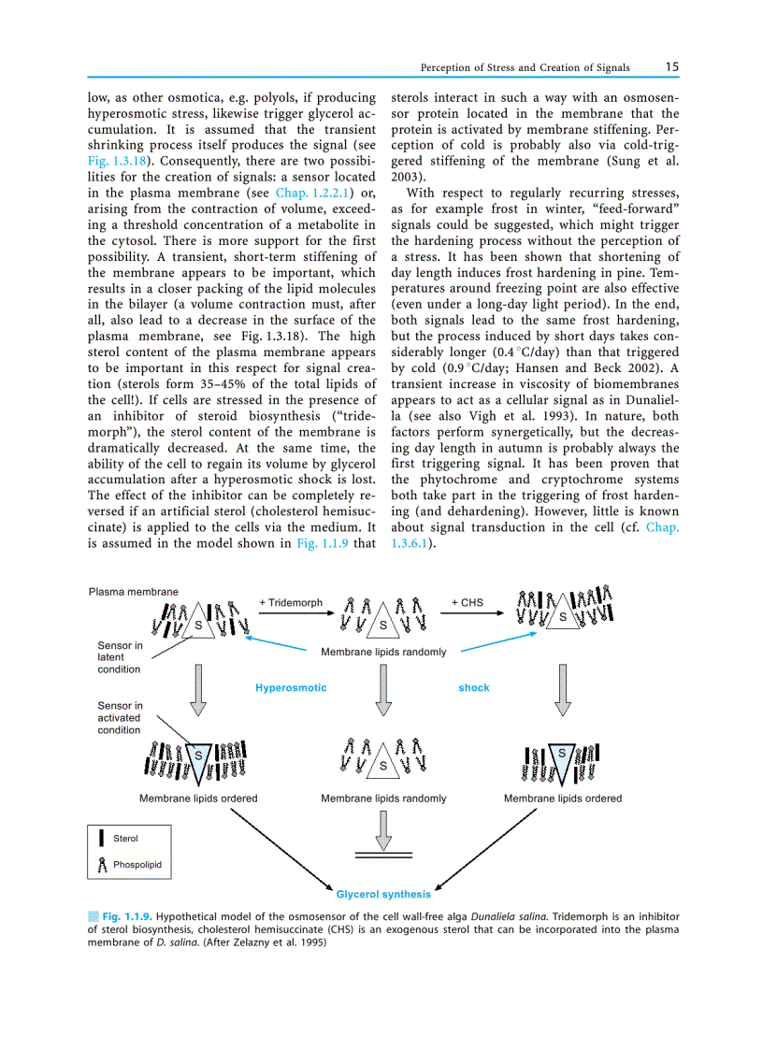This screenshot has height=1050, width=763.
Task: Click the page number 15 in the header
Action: [672, 67]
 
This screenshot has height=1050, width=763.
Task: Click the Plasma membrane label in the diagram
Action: [133, 591]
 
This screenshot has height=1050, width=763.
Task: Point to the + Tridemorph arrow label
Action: [291, 603]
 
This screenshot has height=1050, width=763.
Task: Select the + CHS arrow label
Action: [468, 603]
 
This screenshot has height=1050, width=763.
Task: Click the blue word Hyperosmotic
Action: [291, 688]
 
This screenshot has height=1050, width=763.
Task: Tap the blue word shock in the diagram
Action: [474, 688]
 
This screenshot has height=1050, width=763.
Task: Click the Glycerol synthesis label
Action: [383, 895]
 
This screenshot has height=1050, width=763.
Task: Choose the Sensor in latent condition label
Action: [120, 657]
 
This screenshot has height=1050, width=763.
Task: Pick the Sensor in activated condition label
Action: [120, 718]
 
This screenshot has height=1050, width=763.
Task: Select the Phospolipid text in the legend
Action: [137, 865]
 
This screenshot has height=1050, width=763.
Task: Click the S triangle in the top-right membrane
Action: [563, 617]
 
